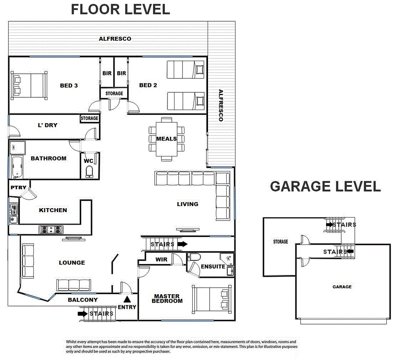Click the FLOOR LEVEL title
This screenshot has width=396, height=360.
click(120, 9)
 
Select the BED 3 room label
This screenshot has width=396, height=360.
click(69, 85)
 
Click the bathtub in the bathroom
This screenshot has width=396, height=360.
click(17, 167)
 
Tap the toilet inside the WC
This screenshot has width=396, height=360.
click(89, 171)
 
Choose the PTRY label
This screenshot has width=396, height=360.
click(18, 188)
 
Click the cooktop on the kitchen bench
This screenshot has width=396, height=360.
click(51, 229)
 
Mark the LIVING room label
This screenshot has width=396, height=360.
click(187, 204)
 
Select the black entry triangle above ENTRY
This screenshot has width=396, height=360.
click(127, 299)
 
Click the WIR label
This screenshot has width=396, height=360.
click(162, 260)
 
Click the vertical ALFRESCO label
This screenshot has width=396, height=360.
click(221, 105)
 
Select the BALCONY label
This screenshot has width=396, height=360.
click(83, 300)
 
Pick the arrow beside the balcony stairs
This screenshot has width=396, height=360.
click(83, 314)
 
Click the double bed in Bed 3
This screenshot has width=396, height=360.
click(29, 85)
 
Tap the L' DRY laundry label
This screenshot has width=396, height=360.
click(47, 125)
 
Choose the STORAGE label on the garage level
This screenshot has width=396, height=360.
click(280, 242)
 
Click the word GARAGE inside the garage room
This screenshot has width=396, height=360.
click(342, 287)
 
